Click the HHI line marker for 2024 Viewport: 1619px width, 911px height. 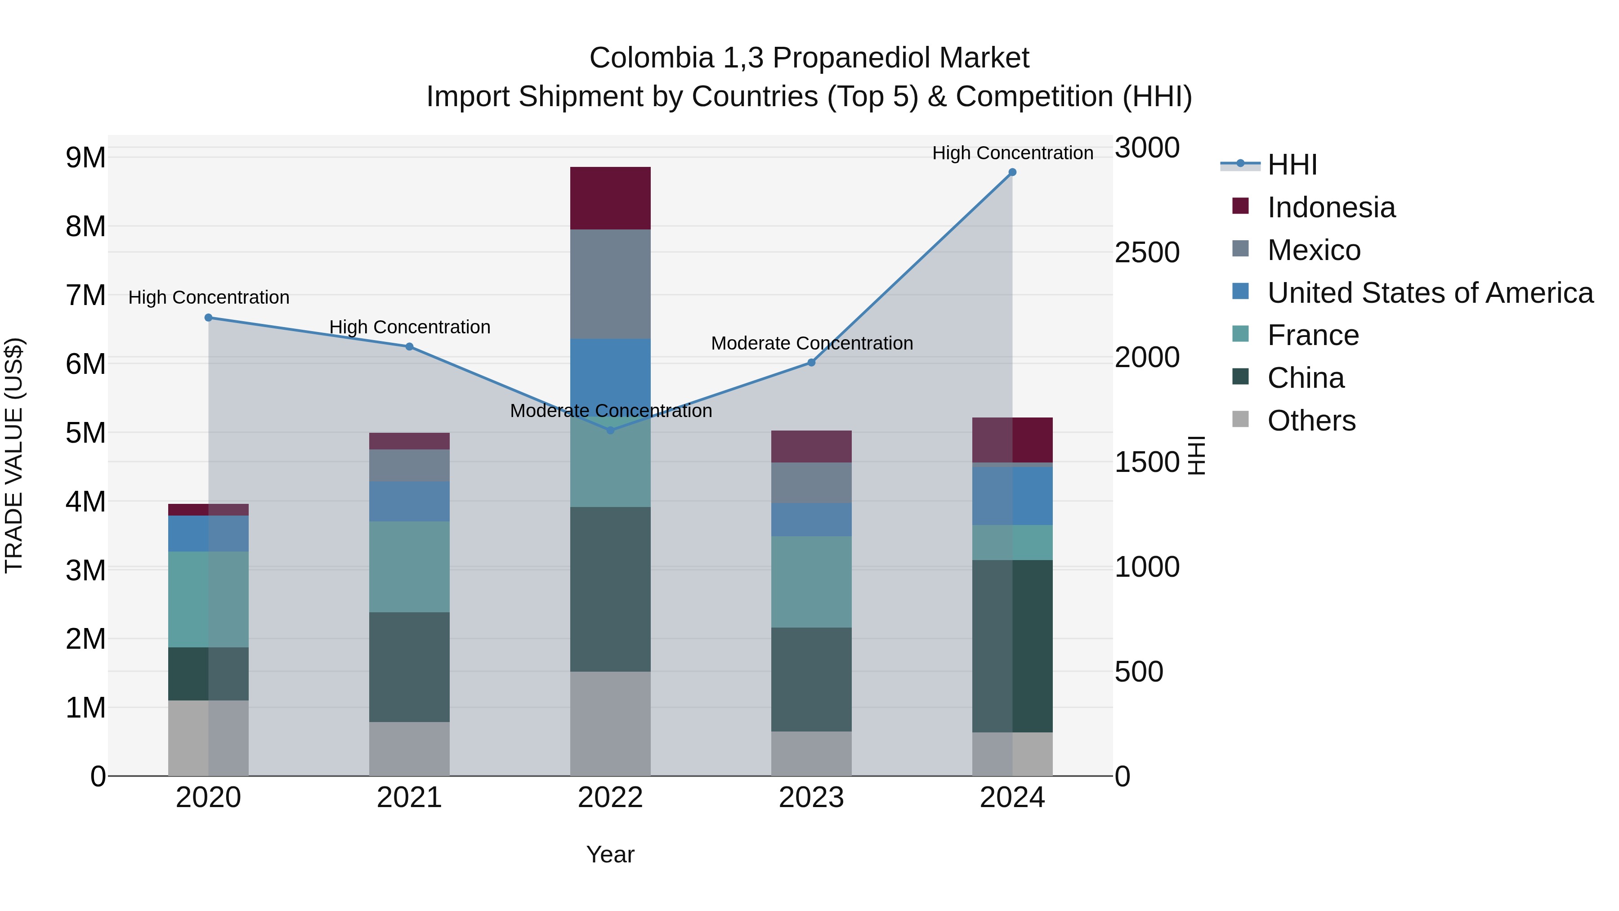[1012, 172]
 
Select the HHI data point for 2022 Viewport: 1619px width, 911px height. [610, 430]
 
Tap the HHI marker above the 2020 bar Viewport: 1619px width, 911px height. [209, 318]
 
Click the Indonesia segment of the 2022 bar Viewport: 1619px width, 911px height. [610, 198]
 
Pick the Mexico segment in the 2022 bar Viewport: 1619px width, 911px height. [610, 284]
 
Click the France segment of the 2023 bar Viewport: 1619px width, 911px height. [811, 582]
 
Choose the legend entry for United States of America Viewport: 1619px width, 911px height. [1430, 293]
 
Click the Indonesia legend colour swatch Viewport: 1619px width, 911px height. [1241, 206]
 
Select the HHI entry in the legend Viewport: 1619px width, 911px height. [1292, 165]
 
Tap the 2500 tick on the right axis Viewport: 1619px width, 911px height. [1147, 253]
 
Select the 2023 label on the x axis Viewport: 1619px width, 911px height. [811, 798]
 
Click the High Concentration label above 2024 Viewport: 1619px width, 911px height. [1012, 153]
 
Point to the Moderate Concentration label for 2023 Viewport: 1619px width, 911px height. [811, 343]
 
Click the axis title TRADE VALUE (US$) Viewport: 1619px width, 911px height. [14, 455]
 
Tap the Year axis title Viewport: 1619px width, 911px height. [610, 854]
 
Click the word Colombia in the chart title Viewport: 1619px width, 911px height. [650, 58]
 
